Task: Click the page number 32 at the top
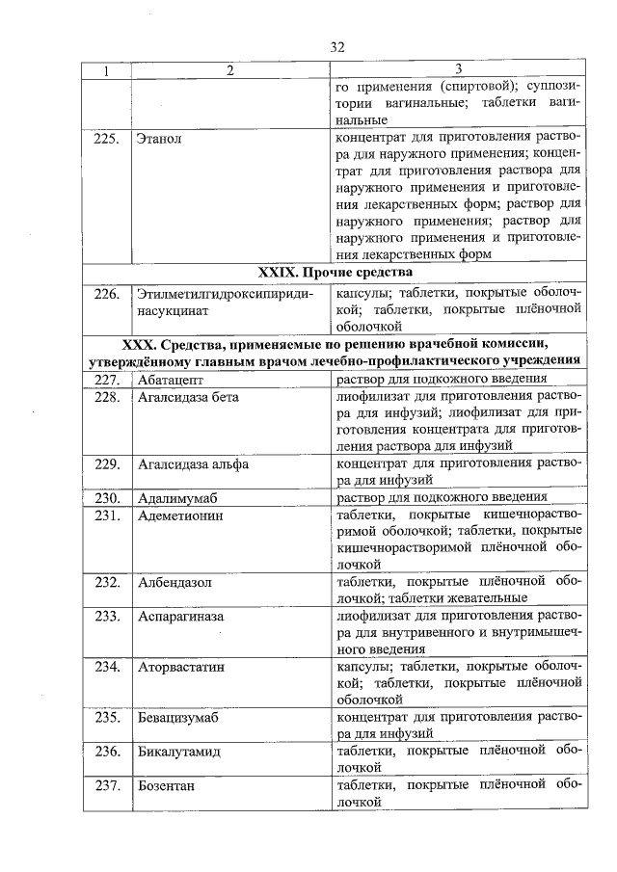click(336, 47)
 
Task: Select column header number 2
click(229, 70)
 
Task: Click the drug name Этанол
click(159, 139)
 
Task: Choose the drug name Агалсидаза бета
click(188, 397)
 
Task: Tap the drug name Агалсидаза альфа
click(194, 463)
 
